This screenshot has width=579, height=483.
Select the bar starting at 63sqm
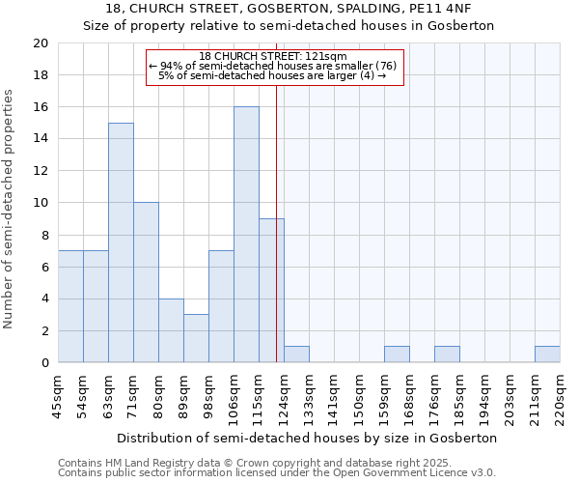click(121, 242)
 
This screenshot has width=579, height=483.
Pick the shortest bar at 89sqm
click(196, 338)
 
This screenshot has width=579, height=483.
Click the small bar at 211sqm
click(547, 355)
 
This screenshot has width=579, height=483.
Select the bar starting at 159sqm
click(397, 355)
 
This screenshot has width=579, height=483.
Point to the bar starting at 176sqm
click(447, 355)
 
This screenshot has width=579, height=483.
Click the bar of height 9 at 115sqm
click(271, 291)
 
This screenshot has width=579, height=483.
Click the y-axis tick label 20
click(40, 43)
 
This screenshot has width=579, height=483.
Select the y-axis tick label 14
click(40, 139)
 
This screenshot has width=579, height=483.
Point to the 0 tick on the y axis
click(44, 363)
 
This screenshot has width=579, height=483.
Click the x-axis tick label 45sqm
click(59, 396)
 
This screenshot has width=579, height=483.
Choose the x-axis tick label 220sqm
click(561, 396)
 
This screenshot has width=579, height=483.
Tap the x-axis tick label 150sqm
click(360, 396)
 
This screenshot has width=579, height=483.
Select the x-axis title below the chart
click(309, 438)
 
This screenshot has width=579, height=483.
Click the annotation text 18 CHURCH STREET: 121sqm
click(273, 57)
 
